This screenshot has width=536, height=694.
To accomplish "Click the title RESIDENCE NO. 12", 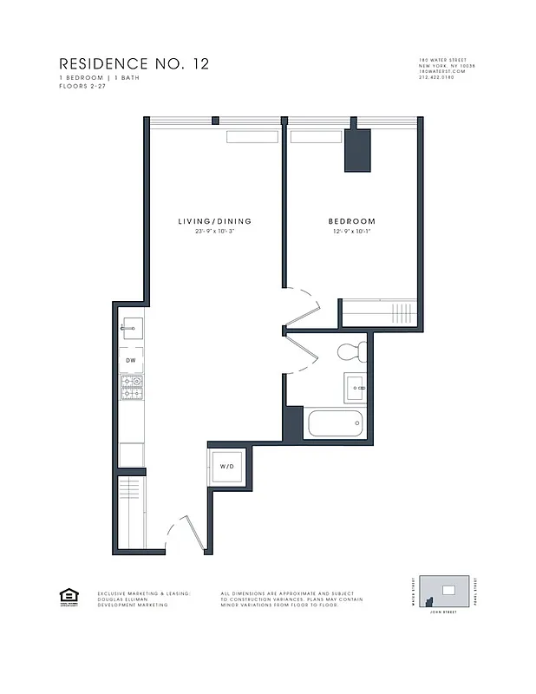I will click(x=134, y=64).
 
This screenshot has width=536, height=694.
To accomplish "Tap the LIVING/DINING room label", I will click(x=215, y=221).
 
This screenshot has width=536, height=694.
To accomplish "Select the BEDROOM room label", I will click(x=351, y=221).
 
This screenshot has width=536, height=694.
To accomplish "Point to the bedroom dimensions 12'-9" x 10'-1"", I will click(x=351, y=232).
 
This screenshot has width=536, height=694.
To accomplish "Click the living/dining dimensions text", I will click(x=215, y=232).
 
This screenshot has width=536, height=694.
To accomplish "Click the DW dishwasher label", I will click(x=131, y=359).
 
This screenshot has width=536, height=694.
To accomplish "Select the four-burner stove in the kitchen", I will click(x=131, y=388).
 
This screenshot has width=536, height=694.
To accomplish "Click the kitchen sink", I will click(x=131, y=327).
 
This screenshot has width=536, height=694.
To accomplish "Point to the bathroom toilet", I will click(x=351, y=351).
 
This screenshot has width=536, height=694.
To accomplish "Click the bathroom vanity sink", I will click(x=356, y=385).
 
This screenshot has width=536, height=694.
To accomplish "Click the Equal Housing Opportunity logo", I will click(x=67, y=596).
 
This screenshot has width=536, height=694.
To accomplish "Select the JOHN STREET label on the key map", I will click(x=443, y=612).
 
